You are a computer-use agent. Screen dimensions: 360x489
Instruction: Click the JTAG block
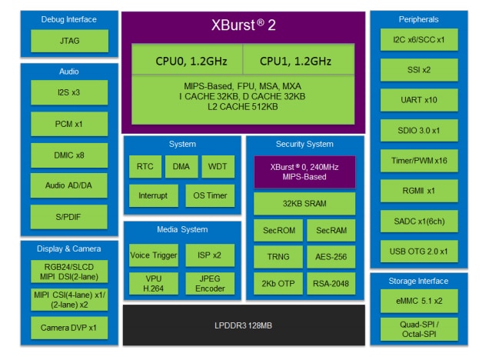click(69, 41)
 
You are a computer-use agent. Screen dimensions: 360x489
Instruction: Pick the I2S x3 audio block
click(69, 94)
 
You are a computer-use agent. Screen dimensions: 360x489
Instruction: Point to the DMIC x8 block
click(69, 155)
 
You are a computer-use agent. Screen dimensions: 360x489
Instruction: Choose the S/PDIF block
click(69, 216)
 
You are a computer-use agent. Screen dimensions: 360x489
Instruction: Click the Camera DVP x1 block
click(69, 328)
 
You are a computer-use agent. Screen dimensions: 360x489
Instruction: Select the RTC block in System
click(145, 166)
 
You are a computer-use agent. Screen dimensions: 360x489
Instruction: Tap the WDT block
click(217, 166)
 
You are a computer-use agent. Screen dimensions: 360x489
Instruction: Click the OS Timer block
click(210, 195)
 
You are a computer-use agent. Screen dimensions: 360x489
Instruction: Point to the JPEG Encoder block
click(210, 282)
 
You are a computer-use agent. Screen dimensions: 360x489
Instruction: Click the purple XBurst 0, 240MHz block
click(304, 172)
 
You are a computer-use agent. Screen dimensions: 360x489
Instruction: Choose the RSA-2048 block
click(331, 283)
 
